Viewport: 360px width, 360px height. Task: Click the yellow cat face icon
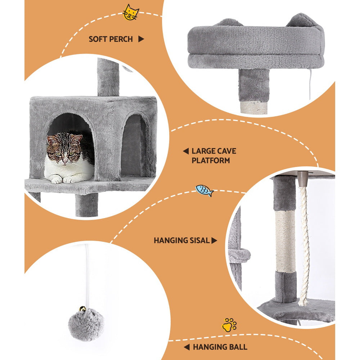pos(131,13)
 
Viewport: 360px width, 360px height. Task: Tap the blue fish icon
pos(204,190)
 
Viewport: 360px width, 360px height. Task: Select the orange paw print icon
pos(229,325)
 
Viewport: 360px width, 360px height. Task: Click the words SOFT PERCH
pos(111,39)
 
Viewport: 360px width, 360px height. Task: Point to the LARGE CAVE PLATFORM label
pos(213,156)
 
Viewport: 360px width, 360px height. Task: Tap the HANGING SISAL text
pos(182,240)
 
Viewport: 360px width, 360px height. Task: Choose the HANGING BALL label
pos(220,347)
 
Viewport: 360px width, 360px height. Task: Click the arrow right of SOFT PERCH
pos(141,39)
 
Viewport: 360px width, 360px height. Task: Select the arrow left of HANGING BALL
pos(186,347)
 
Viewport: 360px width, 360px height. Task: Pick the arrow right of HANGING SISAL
pos(215,240)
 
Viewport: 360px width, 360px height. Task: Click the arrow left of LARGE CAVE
pos(185,151)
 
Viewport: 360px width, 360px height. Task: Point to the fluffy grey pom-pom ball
pos(86,324)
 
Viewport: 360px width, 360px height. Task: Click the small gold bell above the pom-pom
pos(83,309)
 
